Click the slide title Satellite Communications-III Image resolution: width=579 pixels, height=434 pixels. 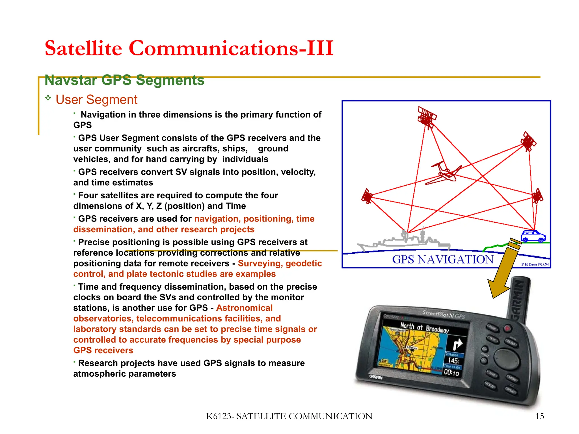coord(189,48)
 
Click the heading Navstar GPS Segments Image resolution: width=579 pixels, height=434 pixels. coord(124,80)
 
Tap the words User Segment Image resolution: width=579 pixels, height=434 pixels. coord(96,100)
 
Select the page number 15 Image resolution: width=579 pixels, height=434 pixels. coord(539,416)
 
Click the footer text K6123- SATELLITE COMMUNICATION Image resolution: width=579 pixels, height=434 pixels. coord(289,416)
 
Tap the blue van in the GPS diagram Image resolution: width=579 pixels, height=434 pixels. coord(533,236)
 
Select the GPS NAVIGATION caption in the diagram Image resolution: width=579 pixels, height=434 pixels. coord(443,259)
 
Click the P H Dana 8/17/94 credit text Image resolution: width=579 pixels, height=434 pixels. coord(535,264)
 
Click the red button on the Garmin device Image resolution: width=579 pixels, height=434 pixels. coord(507,329)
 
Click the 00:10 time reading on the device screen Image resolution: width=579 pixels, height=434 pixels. coord(451,373)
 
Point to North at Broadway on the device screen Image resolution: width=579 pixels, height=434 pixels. coord(424,328)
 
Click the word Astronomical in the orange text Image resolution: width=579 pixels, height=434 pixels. coord(244,308)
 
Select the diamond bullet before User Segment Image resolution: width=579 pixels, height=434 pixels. coord(48,98)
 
